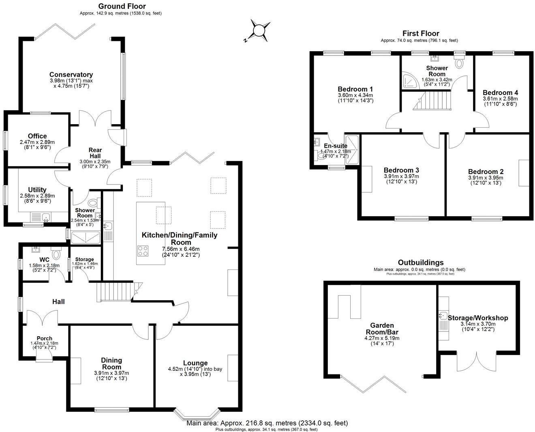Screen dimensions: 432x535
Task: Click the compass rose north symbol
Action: pos(258,31)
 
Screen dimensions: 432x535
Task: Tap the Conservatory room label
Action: pos(71,75)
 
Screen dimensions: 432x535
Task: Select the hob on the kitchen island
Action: pos(143,251)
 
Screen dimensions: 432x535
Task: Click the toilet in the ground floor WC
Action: pos(56,254)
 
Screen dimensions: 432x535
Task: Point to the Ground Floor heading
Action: pos(122,6)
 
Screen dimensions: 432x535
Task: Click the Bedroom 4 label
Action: pos(500,92)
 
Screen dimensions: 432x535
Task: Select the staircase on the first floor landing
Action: pos(432,101)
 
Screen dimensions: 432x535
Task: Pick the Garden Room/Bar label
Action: pos(382,329)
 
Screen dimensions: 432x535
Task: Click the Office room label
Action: pos(37,136)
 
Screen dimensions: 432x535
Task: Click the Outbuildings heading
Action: pos(420,262)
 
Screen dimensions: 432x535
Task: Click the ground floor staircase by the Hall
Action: pos(115,292)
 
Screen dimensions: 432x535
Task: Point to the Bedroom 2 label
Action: pos(485,172)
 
